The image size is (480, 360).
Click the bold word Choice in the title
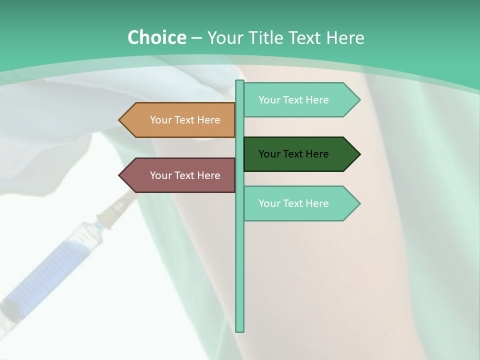tap(156, 37)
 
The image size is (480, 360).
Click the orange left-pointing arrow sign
tap(177, 120)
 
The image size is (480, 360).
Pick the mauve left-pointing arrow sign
tap(177, 175)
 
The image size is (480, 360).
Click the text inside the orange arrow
tap(185, 120)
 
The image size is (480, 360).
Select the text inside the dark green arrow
tap(293, 154)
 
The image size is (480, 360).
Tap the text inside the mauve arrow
tap(185, 175)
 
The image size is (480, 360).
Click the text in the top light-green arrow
tap(293, 100)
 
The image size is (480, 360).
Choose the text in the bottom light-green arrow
tap(293, 203)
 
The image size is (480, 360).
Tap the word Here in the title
tap(345, 38)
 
